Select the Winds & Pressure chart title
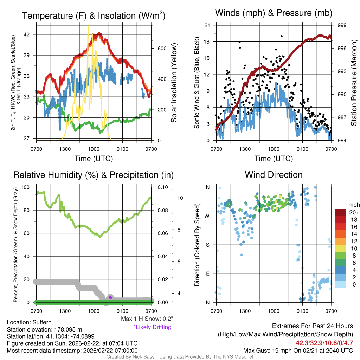[274, 13]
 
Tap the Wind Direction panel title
[274, 175]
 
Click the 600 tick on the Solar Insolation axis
[157, 48]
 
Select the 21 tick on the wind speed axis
[207, 25]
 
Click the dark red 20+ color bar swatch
[340, 212]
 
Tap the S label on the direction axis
[207, 245]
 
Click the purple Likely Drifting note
[152, 327]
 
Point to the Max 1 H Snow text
[147, 319]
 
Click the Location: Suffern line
[29, 322]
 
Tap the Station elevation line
[44, 329]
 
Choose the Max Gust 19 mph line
[298, 351]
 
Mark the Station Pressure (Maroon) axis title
[354, 83]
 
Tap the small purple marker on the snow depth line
[110, 297]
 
